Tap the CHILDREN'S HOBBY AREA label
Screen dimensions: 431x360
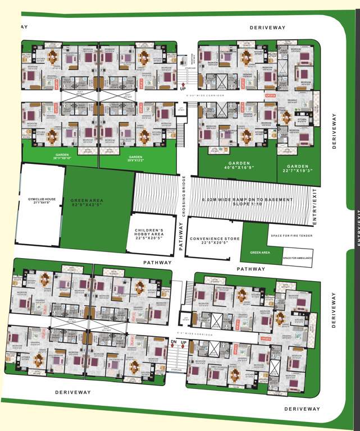[x=149, y=233]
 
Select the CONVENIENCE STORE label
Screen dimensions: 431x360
[x=215, y=241]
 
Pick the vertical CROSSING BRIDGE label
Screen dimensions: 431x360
[x=183, y=196]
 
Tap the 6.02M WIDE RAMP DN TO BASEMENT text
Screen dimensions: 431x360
[x=248, y=201]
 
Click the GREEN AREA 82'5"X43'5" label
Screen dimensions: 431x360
[x=86, y=202]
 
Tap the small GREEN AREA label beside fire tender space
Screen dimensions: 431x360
[x=260, y=253]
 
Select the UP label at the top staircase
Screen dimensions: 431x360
[x=183, y=89]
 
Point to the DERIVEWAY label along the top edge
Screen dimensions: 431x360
[x=268, y=27]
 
